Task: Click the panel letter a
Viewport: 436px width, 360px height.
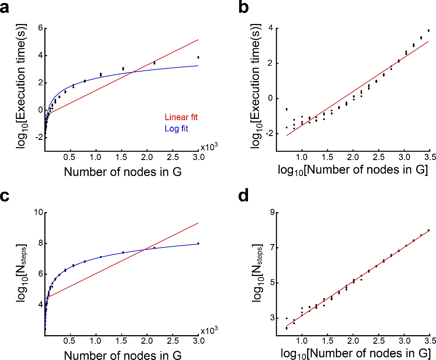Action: click(x=4, y=8)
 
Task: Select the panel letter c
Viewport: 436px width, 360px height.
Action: click(x=4, y=196)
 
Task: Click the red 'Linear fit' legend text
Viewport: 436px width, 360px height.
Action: click(x=181, y=117)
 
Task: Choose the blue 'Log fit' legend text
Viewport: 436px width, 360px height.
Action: click(x=176, y=129)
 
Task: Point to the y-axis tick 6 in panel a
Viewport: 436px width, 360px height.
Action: click(x=40, y=28)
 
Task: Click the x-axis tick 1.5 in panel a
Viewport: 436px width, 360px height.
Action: click(x=121, y=157)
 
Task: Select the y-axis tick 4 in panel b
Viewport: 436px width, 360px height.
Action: click(x=270, y=29)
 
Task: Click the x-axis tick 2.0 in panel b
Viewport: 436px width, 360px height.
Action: click(x=353, y=157)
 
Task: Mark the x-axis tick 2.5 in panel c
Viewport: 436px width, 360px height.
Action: click(x=173, y=341)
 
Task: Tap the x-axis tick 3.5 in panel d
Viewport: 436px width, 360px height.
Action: click(x=430, y=341)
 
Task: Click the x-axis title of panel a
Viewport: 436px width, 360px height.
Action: click(x=123, y=172)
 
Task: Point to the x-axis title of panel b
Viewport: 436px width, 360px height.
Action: click(x=353, y=170)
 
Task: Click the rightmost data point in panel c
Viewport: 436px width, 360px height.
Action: click(x=198, y=243)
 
